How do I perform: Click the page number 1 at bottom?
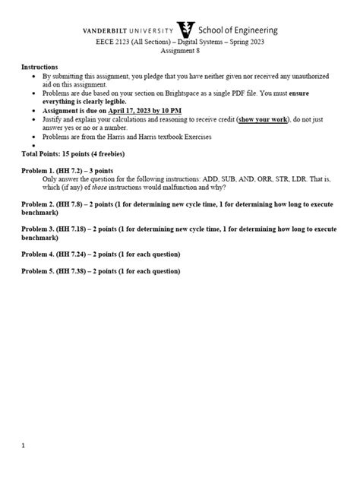click(24, 446)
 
